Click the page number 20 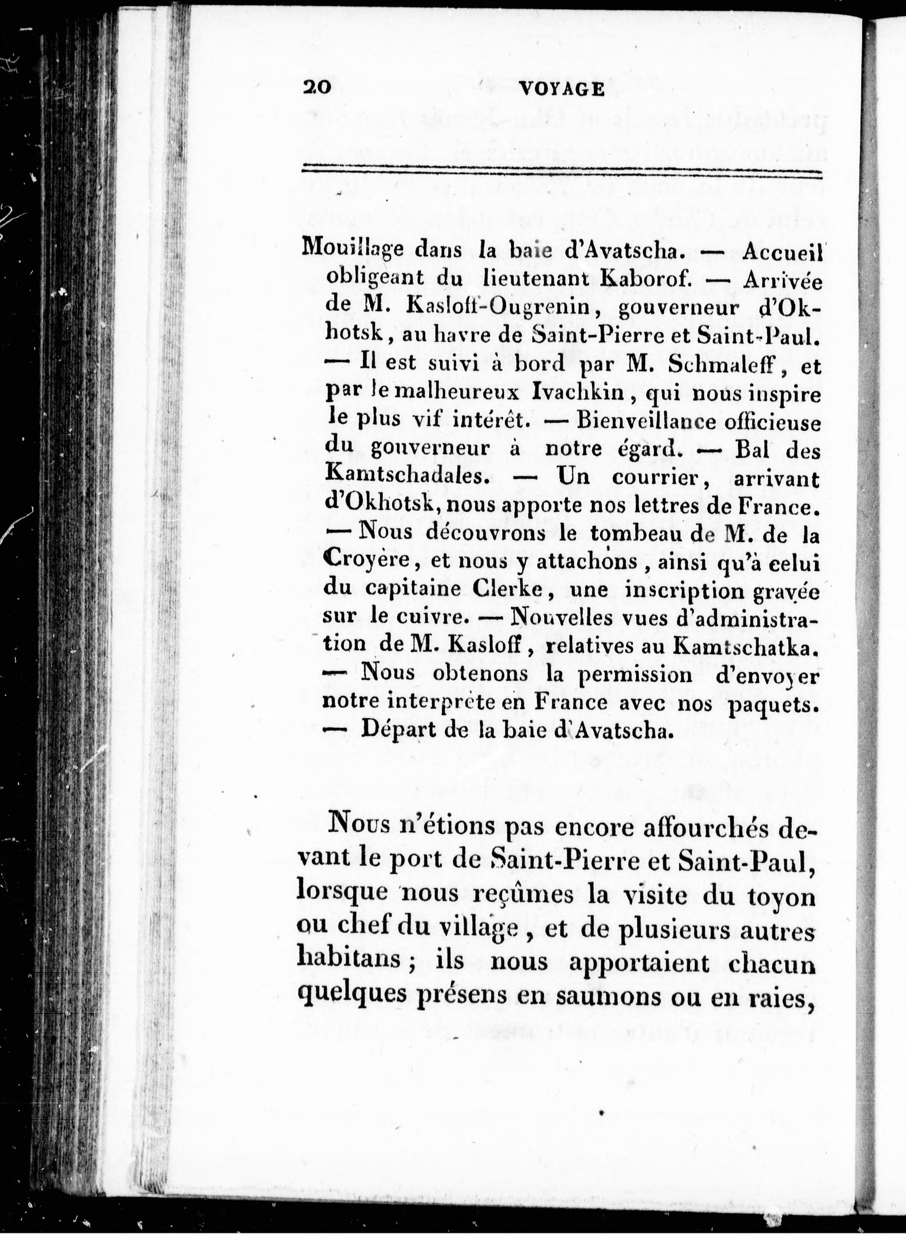coord(315,88)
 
